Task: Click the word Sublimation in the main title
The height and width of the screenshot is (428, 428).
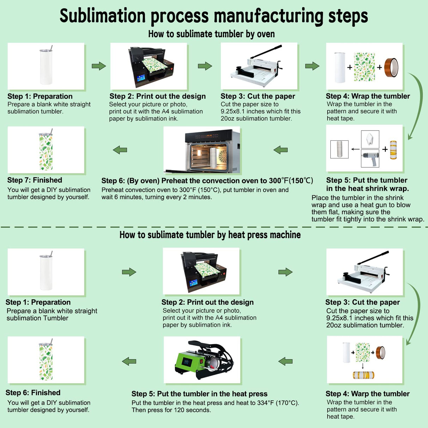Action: (x=102, y=16)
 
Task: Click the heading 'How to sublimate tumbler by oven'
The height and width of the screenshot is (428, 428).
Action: (x=211, y=34)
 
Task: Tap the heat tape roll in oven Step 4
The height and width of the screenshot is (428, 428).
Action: (x=391, y=67)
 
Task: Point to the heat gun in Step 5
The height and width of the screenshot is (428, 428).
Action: (x=370, y=158)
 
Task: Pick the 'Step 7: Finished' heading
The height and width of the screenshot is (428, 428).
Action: (x=35, y=180)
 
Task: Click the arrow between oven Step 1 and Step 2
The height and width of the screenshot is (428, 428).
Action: (x=99, y=66)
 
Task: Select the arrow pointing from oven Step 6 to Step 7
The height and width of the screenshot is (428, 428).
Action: (x=120, y=150)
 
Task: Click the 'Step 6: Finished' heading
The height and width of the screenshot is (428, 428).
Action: (x=33, y=393)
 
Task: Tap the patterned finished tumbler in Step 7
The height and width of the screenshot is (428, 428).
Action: (x=46, y=151)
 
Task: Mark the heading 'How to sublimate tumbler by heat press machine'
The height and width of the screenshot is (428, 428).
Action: (x=210, y=235)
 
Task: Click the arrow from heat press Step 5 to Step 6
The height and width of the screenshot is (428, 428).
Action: (x=129, y=361)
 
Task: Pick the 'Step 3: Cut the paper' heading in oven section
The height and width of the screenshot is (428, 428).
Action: (x=258, y=96)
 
